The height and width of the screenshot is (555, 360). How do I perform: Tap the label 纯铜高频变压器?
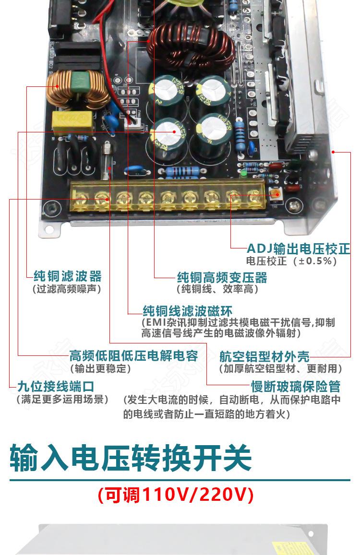point(222,277)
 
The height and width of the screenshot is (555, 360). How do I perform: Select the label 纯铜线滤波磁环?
point(187,310)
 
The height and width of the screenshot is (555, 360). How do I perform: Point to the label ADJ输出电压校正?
point(298,248)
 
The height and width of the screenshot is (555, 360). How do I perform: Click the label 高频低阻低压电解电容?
point(133,356)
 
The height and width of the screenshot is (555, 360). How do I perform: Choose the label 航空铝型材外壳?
point(264,356)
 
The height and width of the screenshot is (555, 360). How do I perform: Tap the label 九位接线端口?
point(55,386)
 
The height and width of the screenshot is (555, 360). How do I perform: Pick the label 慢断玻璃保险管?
point(296,387)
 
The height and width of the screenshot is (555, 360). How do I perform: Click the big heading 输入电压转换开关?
point(131,458)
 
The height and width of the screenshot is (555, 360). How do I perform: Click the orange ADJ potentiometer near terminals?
point(276,193)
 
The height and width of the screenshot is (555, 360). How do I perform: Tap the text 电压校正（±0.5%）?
point(291,261)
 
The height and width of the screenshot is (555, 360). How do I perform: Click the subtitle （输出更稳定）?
point(100,369)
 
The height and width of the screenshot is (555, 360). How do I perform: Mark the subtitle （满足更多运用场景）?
point(62,399)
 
